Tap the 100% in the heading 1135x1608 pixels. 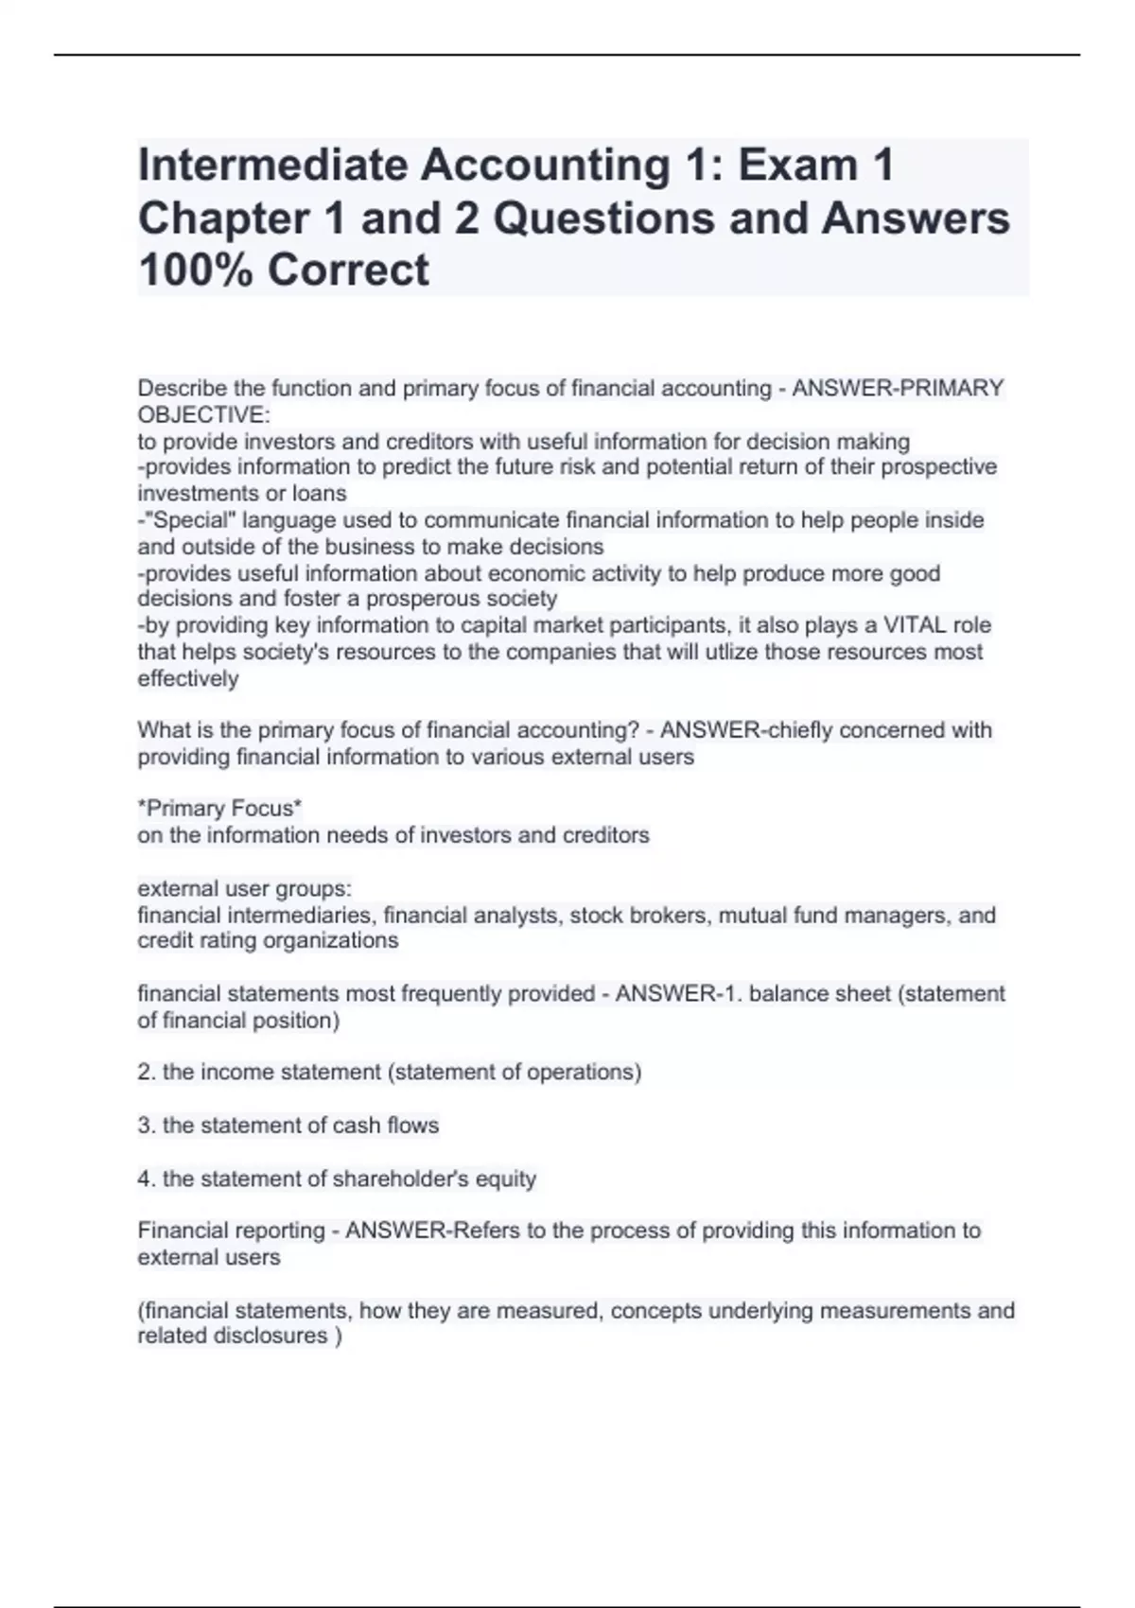tap(195, 270)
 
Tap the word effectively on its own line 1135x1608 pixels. tap(188, 678)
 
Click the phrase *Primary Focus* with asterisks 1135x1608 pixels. tap(219, 809)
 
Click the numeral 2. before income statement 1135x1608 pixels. tap(147, 1073)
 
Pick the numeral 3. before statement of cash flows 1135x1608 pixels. tap(147, 1126)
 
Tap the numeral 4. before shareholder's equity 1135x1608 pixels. tap(147, 1179)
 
